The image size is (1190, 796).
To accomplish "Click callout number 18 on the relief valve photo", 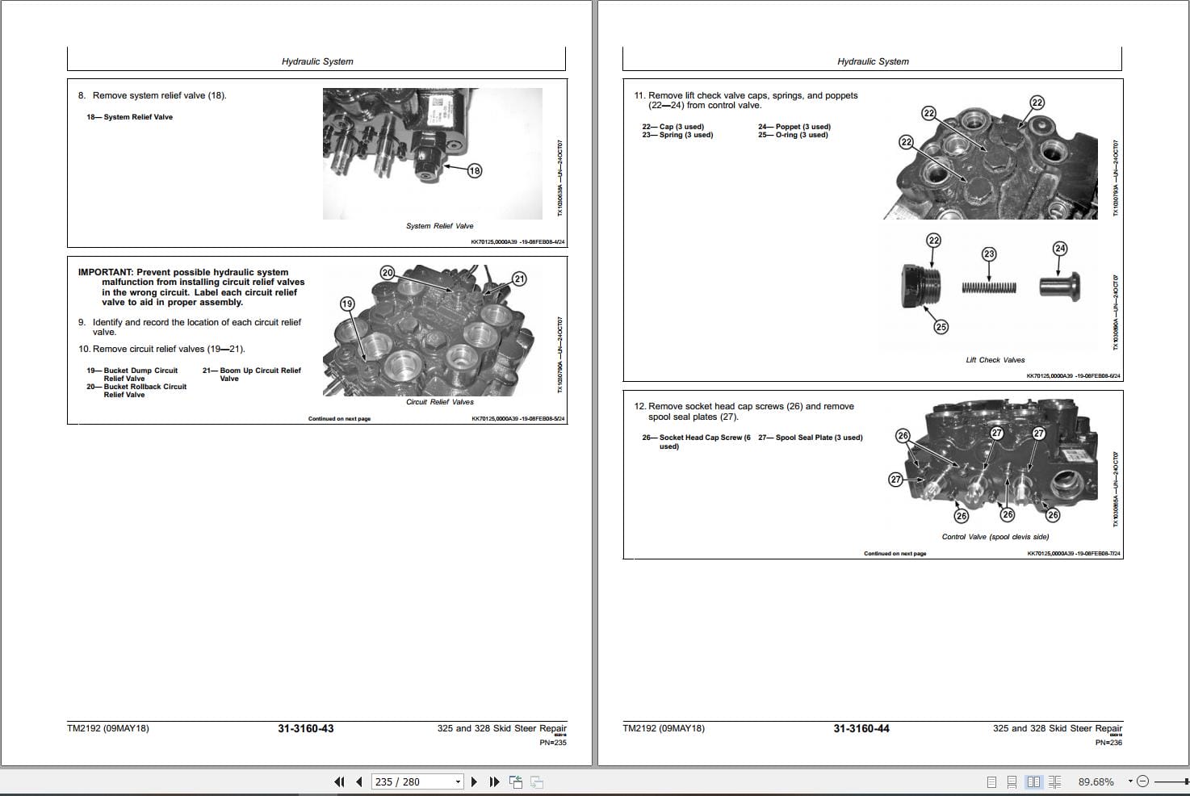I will [475, 170].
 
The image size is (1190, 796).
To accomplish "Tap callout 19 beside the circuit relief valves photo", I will [346, 304].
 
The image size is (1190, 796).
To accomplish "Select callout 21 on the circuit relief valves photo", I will [519, 279].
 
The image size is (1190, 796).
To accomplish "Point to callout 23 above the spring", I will [989, 254].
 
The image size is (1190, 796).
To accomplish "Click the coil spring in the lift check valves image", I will [989, 287].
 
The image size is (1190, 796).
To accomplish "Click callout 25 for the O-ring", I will [941, 327].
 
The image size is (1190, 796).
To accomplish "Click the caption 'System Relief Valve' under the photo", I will [439, 226].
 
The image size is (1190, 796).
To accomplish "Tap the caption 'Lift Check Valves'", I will [995, 360].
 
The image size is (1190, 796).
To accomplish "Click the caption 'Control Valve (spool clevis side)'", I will [995, 537].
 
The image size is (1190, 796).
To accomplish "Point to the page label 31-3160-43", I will [305, 728].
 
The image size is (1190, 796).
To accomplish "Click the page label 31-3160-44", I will [861, 728].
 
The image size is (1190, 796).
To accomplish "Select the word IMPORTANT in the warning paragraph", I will [105, 273].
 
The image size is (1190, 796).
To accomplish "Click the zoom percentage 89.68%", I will [1096, 781].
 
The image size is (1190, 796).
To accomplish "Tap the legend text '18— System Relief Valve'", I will [130, 117].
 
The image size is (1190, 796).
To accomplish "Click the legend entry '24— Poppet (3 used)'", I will [794, 127].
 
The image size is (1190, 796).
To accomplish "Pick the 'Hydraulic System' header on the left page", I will [317, 61].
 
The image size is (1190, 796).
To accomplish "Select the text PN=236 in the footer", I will [1108, 742].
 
